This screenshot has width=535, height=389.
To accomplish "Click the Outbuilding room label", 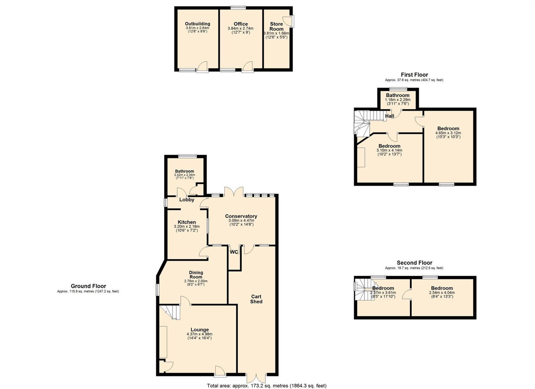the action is point(198,24).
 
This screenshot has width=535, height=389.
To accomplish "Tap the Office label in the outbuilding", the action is point(241,24).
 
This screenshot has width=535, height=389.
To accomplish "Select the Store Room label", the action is point(277,26).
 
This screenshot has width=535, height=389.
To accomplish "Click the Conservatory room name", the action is point(241,216).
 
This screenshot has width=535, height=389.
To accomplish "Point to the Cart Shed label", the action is point(256,299).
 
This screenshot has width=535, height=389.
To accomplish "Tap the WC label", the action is point(234,252).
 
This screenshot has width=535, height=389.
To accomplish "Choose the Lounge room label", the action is point(200,330).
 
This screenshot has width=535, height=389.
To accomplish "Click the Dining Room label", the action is point(196,274).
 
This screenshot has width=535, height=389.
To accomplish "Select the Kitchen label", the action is point(187,222).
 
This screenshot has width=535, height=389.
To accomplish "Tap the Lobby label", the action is point(187,200).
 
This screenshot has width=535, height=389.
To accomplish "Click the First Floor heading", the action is point(414,75).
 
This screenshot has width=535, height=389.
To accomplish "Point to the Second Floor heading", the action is point(414,263).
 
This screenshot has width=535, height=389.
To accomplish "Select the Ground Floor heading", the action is point(88,286).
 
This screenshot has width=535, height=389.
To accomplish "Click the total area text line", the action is point(266,385).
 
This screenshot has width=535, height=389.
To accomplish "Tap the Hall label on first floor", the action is point(390,116).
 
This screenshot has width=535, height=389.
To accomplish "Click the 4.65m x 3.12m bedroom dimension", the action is point(448,133).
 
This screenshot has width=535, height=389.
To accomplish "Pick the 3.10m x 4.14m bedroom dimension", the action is point(389,150).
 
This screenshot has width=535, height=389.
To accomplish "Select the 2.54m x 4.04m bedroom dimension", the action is point(442,292).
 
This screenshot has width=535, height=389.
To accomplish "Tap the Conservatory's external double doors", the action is point(234,191).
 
